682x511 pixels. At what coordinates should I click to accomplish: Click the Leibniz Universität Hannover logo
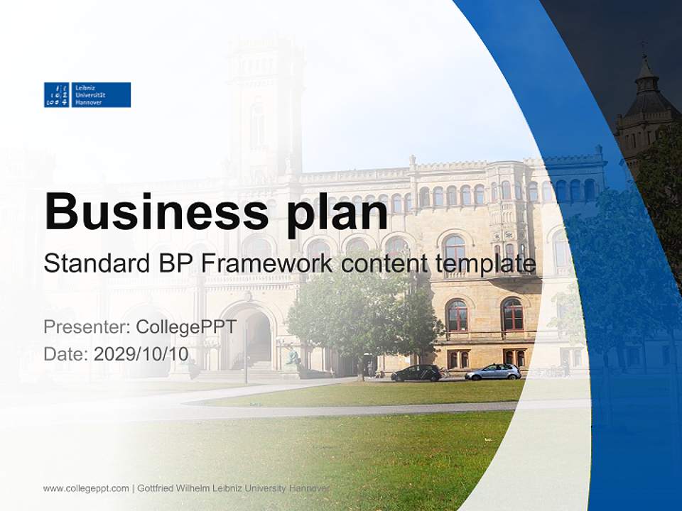87,94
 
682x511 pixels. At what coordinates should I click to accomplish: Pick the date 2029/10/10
141,353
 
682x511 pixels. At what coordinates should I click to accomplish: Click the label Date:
65,353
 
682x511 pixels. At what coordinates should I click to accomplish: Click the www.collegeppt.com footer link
86,488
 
